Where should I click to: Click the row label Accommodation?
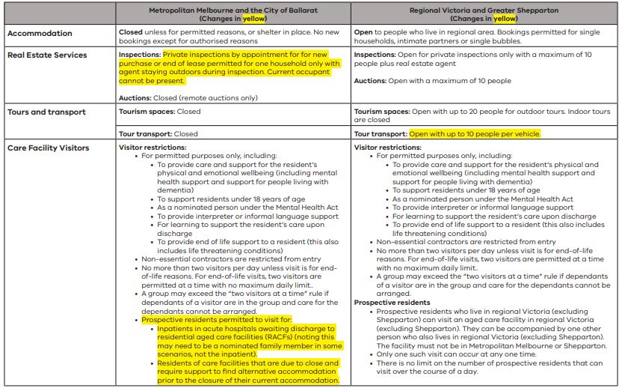pos(40,34)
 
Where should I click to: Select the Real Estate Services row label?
pos(46,55)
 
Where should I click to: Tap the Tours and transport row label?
pos(46,112)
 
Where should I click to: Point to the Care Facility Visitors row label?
pos(48,148)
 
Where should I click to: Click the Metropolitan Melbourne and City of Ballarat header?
pos(232,10)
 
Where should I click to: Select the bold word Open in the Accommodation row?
pos(364,33)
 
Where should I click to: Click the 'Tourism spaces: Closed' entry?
pos(159,112)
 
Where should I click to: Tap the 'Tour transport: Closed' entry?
pos(158,134)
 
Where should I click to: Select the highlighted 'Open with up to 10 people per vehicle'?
pos(474,134)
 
